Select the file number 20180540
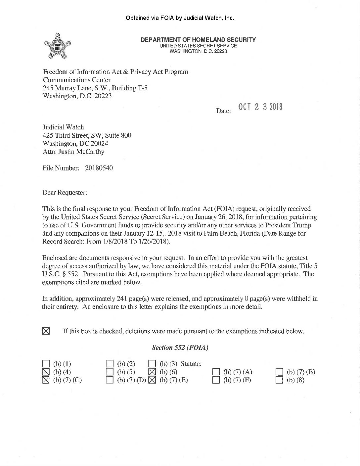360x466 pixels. tap(99, 168)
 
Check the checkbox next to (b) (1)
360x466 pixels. tap(46, 364)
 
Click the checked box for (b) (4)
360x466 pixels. tap(46, 372)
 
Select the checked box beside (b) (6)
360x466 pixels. tap(152, 372)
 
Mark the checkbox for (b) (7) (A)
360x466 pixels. tap(216, 372)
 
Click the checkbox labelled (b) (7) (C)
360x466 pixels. tap(46, 380)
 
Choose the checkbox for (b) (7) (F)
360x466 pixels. tap(216, 380)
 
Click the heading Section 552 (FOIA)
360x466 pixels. tap(180, 348)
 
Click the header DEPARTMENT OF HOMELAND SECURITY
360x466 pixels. tap(198, 40)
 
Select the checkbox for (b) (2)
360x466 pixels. tap(110, 364)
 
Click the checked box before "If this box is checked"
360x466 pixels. tap(46, 331)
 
